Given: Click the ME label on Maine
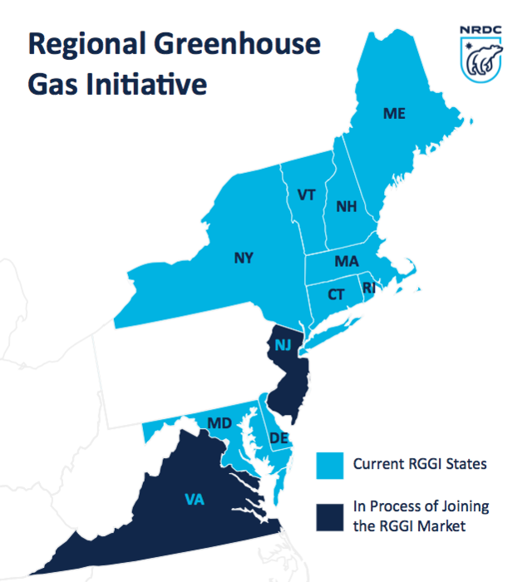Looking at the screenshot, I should (394, 113).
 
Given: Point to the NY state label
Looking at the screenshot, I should (243, 258).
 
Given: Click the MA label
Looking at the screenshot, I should (347, 262).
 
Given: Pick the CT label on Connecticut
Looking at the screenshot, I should (336, 294).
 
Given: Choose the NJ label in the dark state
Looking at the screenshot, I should (283, 346).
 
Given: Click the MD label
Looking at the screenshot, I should (219, 423).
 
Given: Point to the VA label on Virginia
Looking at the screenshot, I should (194, 500).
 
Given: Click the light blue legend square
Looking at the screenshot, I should (329, 465).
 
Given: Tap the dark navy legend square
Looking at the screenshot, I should (329, 516).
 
